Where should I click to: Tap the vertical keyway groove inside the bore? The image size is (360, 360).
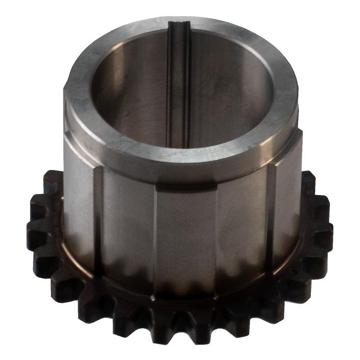point(177,85)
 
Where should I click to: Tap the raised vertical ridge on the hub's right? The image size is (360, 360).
point(269,212)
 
